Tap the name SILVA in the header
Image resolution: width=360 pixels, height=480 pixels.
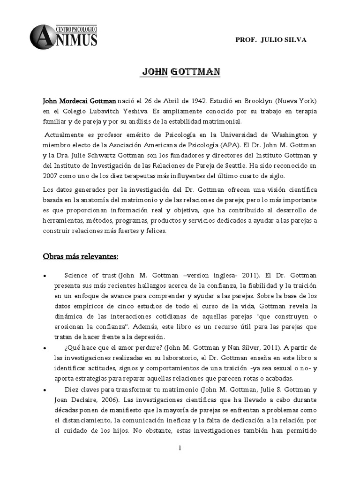pos(296,40)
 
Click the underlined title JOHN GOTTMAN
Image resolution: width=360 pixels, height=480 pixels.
pos(180,73)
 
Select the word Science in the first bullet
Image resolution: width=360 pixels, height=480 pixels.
pos(77,276)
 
